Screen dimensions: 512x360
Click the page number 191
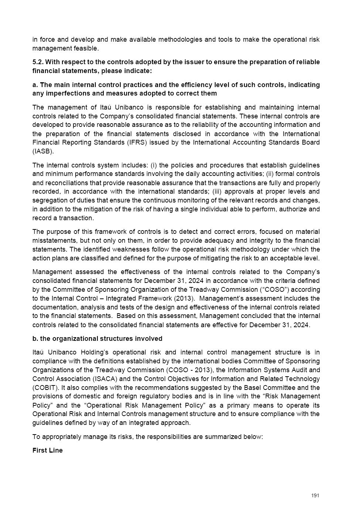(315, 495)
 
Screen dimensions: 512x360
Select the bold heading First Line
(48, 450)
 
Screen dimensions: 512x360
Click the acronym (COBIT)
(45, 388)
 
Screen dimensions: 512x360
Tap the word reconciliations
(68, 183)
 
